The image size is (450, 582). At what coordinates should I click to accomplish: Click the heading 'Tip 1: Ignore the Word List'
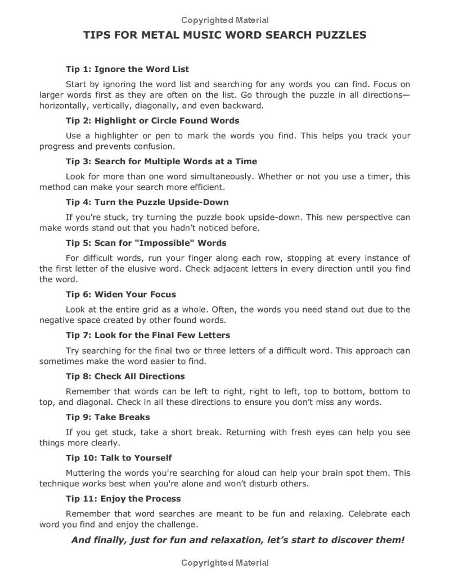(127, 69)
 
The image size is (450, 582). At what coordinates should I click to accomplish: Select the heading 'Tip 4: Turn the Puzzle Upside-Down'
(147, 202)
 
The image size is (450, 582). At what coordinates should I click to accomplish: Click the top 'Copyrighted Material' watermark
(225, 20)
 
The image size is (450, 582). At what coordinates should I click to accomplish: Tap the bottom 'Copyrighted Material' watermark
(225, 563)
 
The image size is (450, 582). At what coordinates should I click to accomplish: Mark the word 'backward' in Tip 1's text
(242, 105)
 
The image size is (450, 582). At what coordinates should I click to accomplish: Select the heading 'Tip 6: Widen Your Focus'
(121, 294)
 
